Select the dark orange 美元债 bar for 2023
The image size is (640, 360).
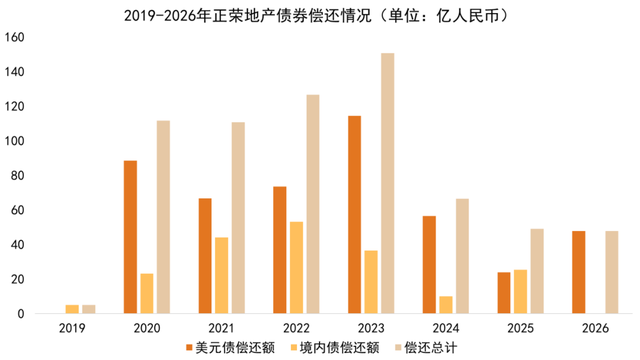coord(355,215)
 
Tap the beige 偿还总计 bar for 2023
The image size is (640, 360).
coord(388,184)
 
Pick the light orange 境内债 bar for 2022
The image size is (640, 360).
coord(297,268)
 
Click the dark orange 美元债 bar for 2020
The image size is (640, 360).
coord(130,237)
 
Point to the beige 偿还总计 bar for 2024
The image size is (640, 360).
coord(463,256)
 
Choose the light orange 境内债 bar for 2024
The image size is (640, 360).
coord(446,305)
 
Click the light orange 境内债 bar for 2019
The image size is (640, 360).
coord(72,309)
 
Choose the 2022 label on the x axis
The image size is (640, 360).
coord(297,326)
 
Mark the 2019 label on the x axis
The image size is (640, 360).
coord(72,326)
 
